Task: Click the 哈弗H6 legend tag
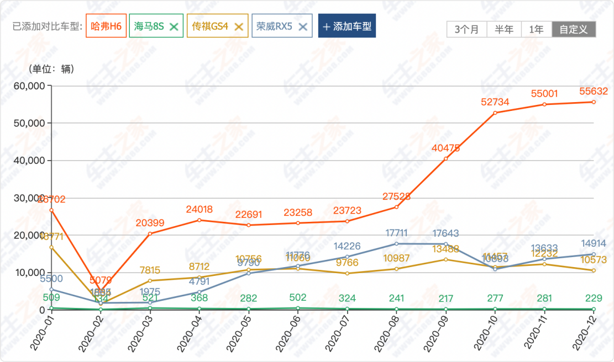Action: pyautogui.click(x=106, y=26)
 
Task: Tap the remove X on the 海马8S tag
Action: pyautogui.click(x=174, y=26)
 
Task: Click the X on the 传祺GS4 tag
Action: pyautogui.click(x=239, y=26)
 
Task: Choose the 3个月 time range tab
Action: pyautogui.click(x=467, y=29)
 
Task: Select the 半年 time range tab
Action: pyautogui.click(x=504, y=29)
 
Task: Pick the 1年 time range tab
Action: pyautogui.click(x=536, y=29)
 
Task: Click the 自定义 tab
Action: pyautogui.click(x=574, y=29)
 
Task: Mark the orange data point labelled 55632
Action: pyautogui.click(x=594, y=102)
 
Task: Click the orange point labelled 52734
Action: pyautogui.click(x=495, y=113)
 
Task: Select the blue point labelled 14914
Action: pyautogui.click(x=594, y=254)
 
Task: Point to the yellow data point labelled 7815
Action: pyautogui.click(x=150, y=281)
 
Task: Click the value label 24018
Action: pyautogui.click(x=199, y=209)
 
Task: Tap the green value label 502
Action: pyautogui.click(x=298, y=297)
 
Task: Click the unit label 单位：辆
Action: pyautogui.click(x=51, y=69)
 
